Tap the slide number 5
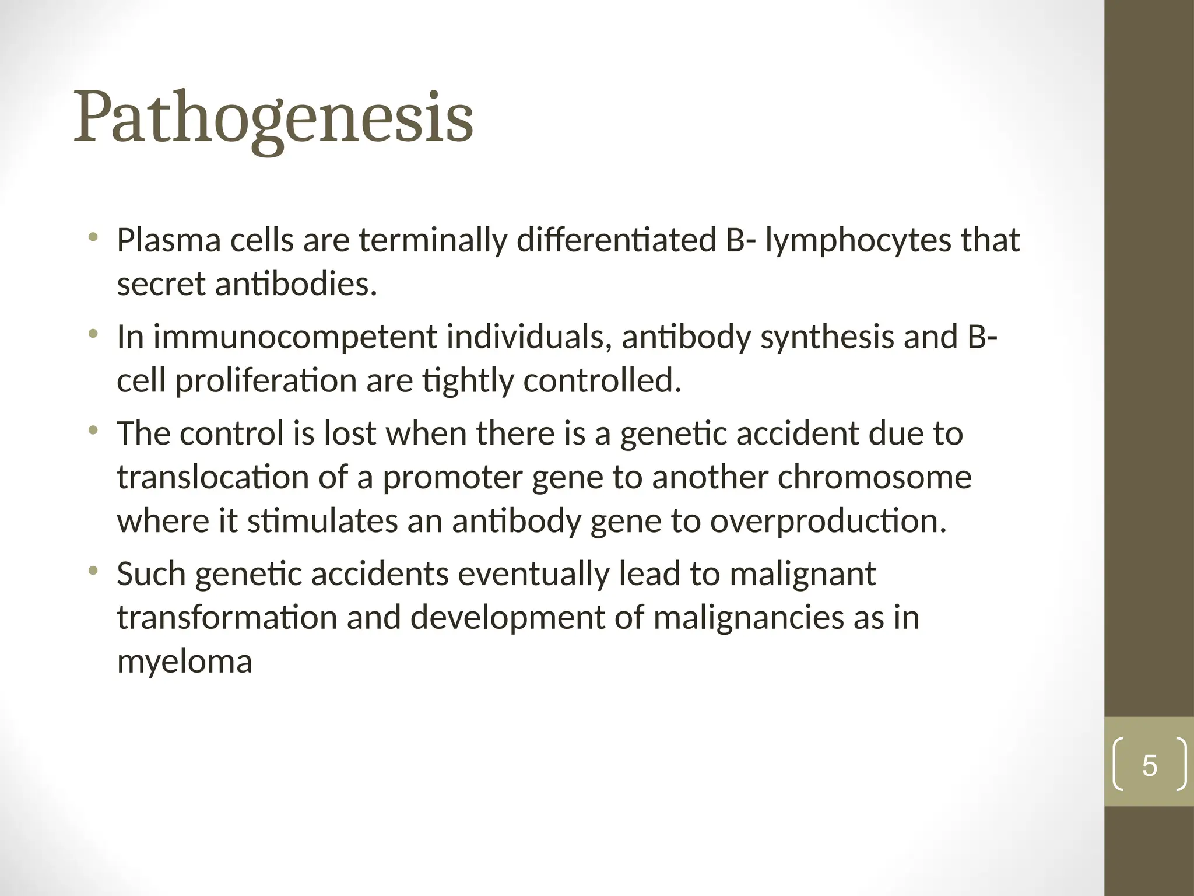point(1149,765)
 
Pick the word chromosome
point(875,477)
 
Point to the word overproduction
point(828,521)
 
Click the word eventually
point(533,574)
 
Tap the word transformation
point(227,618)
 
